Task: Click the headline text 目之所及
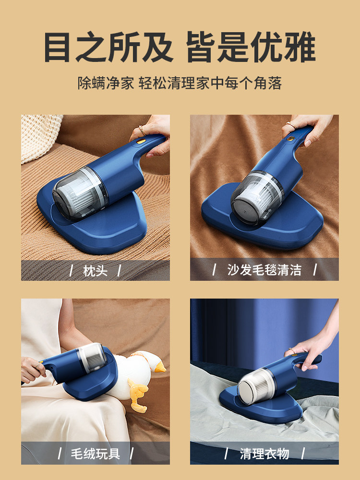click(x=108, y=47)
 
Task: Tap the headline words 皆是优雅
click(x=251, y=47)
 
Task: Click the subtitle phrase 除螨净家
click(x=106, y=83)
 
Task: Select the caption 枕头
click(x=95, y=271)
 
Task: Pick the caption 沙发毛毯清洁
click(x=264, y=270)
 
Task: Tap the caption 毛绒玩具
click(x=96, y=454)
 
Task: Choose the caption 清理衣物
click(x=264, y=454)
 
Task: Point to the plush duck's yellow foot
click(x=138, y=394)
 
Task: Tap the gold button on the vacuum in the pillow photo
click(x=141, y=141)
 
